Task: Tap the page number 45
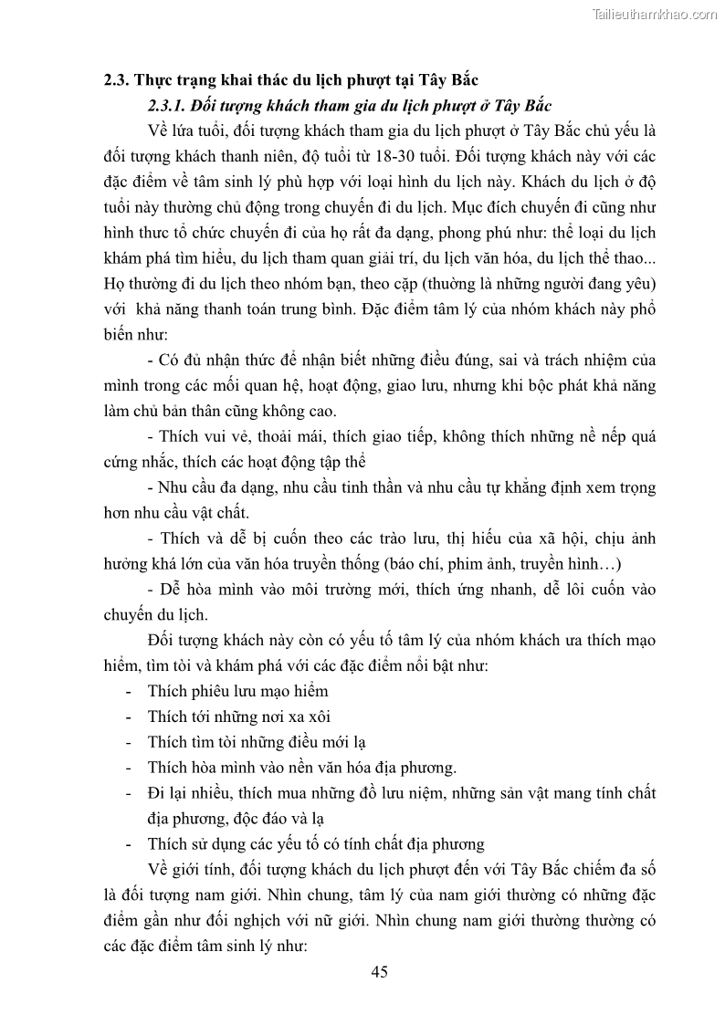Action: coord(380,971)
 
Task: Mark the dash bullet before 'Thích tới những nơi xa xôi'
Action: coord(127,716)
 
